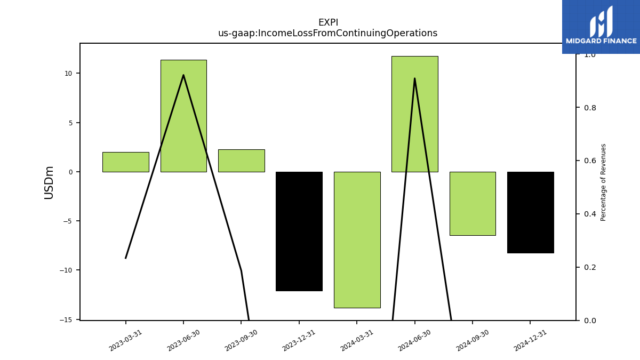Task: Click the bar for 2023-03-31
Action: [126, 162]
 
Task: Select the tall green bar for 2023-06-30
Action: [183, 116]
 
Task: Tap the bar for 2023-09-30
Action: [242, 161]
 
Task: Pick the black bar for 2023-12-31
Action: [299, 231]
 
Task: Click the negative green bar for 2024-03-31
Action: [357, 240]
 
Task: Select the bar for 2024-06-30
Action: [415, 114]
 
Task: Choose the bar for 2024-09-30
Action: [473, 204]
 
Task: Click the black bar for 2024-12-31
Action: [531, 213]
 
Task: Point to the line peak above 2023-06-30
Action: [183, 75]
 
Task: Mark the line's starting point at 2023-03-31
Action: [126, 258]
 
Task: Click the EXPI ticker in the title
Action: [328, 22]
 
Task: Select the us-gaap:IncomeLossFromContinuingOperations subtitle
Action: [327, 33]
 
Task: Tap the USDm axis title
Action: [49, 183]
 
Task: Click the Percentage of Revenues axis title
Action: [603, 182]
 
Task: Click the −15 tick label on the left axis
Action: [66, 320]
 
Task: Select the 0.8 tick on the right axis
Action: [590, 108]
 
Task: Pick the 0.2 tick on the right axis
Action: [590, 267]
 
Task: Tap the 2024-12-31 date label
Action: [530, 341]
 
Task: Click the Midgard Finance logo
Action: [601, 27]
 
